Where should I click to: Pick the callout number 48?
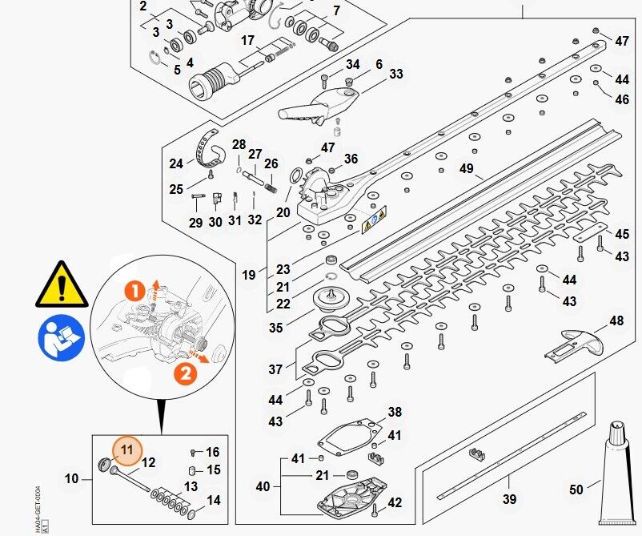tap(616, 320)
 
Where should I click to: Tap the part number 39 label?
tap(510, 499)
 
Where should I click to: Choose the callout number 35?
tap(276, 328)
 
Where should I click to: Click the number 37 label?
tap(276, 369)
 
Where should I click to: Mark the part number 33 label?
tap(396, 75)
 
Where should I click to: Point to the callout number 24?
tap(177, 163)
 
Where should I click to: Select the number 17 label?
tap(247, 40)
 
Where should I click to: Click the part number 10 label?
tap(72, 478)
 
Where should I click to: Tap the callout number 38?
tap(395, 413)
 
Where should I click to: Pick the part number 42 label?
tap(395, 502)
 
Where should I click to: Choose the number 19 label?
tap(249, 275)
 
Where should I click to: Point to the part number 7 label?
tap(336, 11)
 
